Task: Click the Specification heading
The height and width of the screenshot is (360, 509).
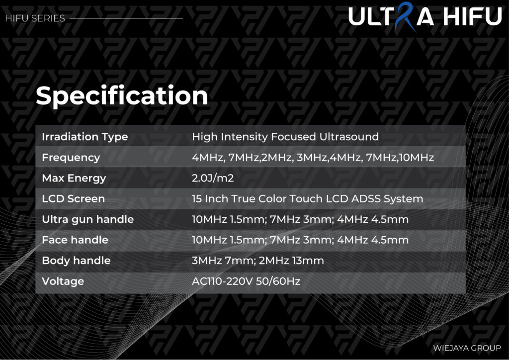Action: pos(122,96)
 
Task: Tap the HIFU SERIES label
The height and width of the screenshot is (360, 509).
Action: pos(35,18)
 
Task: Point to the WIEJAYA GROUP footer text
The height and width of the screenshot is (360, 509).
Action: pos(467,348)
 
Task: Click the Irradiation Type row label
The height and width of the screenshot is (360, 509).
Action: pos(85,137)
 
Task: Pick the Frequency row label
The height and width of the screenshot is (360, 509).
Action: pos(71,158)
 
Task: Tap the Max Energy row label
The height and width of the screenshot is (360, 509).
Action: pos(74,178)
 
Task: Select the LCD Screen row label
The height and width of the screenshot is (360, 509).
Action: pos(74,199)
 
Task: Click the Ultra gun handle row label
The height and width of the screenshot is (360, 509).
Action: pos(87,219)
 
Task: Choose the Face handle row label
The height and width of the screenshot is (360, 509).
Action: pos(75,240)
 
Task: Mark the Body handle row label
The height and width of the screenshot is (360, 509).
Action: pos(76,261)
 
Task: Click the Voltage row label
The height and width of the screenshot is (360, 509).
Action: pos(63,281)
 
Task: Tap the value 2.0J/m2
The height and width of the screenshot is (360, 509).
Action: pos(213,178)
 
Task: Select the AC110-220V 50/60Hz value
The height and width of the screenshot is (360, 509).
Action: pos(246,281)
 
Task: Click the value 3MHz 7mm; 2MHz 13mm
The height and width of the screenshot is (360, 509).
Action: pos(258,261)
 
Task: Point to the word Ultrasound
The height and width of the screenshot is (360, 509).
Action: pos(349,137)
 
